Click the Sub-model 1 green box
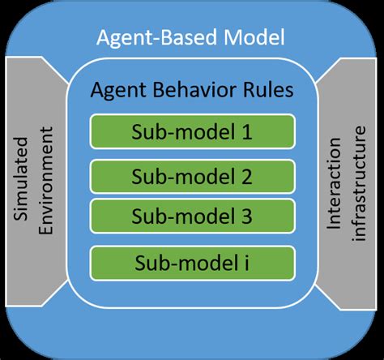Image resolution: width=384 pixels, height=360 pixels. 193,133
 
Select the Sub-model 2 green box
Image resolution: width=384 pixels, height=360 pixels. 193,175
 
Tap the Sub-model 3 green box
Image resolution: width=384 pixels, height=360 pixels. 193,216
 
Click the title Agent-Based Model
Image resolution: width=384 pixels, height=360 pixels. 192,38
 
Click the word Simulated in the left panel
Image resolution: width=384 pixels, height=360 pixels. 24,180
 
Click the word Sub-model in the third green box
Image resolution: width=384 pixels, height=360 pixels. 183,216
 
